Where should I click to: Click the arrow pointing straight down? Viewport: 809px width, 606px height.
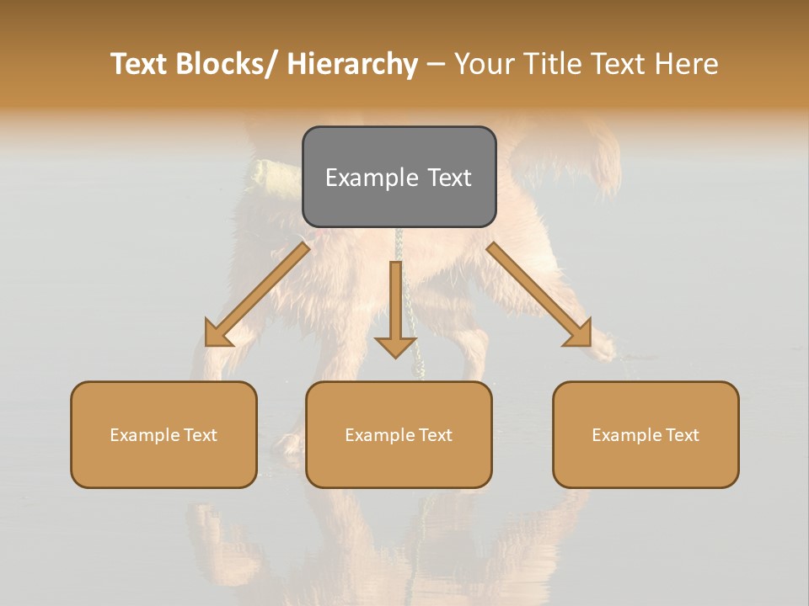(395, 311)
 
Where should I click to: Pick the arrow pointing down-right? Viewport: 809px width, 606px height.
(539, 295)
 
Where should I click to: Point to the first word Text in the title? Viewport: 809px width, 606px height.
(140, 65)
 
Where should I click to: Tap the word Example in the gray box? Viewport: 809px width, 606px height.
(363, 178)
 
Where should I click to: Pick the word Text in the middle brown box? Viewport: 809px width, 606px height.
(435, 435)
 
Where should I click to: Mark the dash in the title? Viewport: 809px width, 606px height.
(436, 65)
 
